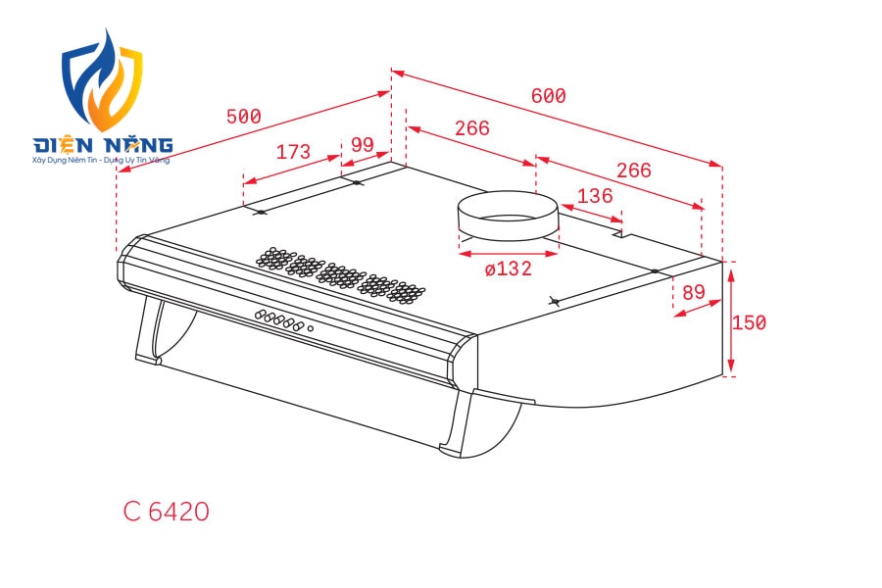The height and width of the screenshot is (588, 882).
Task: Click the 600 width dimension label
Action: point(549,96)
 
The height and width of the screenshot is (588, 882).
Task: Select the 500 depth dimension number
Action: point(244,117)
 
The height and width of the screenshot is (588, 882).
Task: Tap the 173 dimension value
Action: point(293,151)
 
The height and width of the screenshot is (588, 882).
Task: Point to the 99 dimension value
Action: point(363,145)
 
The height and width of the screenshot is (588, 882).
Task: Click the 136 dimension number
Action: point(595,196)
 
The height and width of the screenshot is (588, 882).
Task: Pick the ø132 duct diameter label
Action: point(508,269)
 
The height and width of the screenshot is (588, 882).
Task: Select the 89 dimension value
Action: point(694,292)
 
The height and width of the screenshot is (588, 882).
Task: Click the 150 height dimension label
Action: point(749,322)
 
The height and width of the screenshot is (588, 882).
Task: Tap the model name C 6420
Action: point(166,512)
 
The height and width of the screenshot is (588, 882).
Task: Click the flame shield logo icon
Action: point(102,80)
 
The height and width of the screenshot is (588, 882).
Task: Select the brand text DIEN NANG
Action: point(102,145)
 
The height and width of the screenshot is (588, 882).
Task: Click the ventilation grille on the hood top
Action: point(340,275)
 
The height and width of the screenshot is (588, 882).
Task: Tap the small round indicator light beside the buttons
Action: point(310,328)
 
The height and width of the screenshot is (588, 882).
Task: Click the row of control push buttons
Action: point(279,319)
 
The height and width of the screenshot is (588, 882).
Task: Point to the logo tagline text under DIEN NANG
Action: point(101,161)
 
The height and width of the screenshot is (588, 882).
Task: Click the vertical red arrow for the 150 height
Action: point(731,321)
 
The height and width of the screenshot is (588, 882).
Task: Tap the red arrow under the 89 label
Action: point(697,309)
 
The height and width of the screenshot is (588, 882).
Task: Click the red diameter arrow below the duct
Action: point(508,254)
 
